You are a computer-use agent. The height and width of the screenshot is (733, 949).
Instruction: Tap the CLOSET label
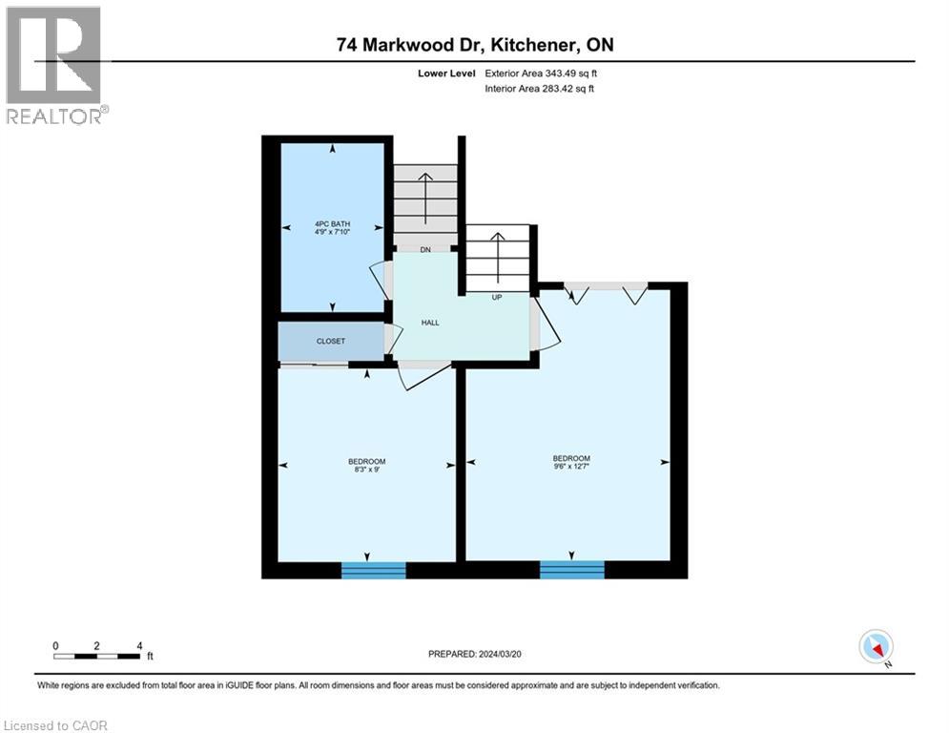(331, 341)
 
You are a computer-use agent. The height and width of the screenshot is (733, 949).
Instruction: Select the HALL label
(430, 324)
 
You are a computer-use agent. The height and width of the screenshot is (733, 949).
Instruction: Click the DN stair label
(426, 250)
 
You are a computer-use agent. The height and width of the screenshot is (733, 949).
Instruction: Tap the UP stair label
(496, 297)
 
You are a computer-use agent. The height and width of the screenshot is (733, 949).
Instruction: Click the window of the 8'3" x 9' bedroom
(374, 570)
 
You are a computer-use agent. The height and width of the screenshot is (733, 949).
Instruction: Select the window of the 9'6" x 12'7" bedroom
(571, 570)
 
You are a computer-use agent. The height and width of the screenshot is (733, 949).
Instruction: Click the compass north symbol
(875, 647)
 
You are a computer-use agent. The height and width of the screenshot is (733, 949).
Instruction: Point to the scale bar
(97, 656)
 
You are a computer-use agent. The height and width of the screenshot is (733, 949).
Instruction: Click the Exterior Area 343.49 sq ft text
(539, 73)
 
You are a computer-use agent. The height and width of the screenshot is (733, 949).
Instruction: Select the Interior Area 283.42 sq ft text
(539, 89)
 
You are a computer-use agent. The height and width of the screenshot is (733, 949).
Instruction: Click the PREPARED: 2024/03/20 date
(476, 654)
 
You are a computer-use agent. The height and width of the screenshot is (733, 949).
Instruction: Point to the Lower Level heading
(449, 73)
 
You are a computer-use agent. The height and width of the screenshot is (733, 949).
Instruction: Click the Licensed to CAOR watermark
(56, 725)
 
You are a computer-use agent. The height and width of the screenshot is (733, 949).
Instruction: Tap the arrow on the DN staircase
(426, 196)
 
